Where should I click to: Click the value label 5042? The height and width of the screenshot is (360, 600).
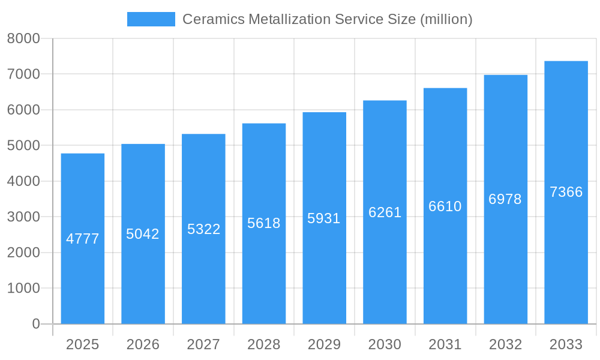tap(143, 234)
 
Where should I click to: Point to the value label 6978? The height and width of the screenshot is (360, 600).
tap(505, 199)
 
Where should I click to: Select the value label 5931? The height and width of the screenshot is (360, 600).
tap(324, 218)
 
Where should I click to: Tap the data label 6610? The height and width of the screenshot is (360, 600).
tap(445, 206)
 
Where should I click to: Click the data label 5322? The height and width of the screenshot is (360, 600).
tap(203, 229)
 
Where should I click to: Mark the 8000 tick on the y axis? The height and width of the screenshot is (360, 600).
tap(23, 39)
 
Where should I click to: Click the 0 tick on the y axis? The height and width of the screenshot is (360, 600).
tap(35, 324)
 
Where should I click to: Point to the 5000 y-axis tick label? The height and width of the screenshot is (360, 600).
tap(23, 146)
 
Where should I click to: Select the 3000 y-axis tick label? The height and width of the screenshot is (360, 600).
tap(23, 217)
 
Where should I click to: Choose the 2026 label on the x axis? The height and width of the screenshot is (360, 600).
tap(143, 344)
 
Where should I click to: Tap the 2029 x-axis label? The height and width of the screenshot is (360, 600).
tap(324, 344)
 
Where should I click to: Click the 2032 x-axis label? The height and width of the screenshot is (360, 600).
tap(505, 344)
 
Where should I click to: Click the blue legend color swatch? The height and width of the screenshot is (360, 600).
tap(151, 19)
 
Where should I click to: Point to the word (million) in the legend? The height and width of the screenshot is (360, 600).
tap(446, 19)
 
